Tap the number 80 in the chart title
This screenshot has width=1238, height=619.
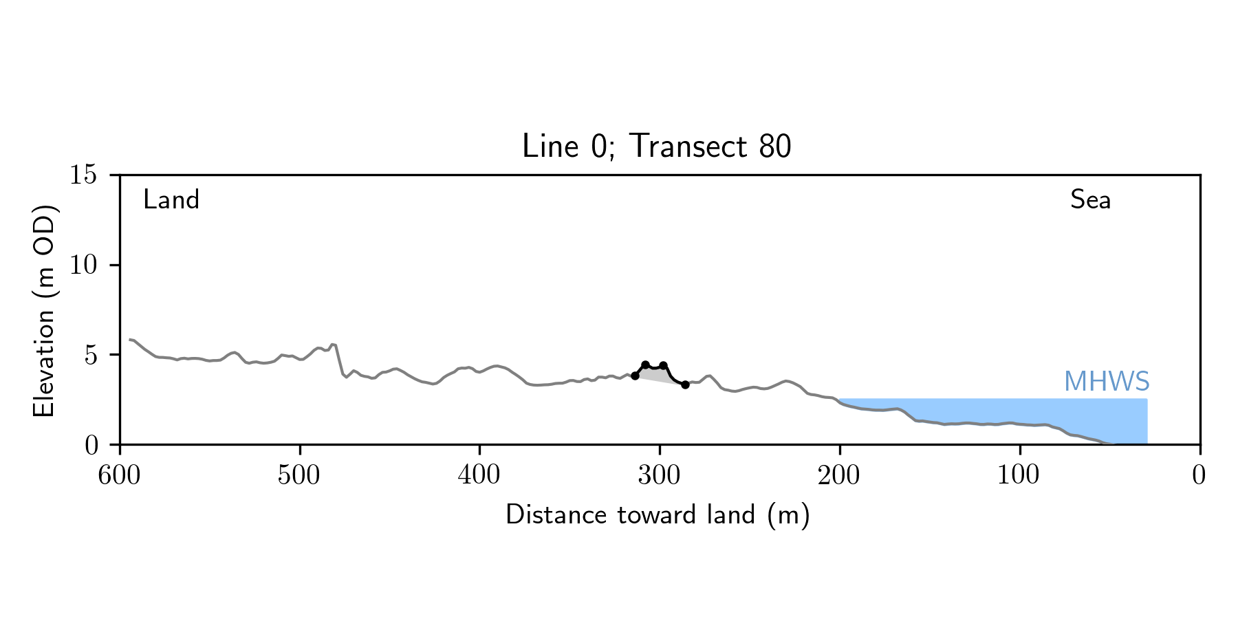tap(775, 146)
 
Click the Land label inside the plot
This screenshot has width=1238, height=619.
tap(171, 200)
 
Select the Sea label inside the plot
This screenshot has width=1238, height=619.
tap(1090, 200)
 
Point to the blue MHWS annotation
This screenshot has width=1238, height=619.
tap(1107, 382)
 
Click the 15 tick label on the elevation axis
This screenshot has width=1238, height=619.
tap(83, 175)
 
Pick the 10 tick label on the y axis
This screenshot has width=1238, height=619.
tap(83, 265)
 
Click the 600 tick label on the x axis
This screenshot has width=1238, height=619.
tap(120, 475)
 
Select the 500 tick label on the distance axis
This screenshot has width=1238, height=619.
tap(299, 475)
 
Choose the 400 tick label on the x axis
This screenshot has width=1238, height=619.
tap(479, 475)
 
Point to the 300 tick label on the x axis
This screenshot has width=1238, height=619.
tap(660, 475)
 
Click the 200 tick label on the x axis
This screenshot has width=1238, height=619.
tap(839, 475)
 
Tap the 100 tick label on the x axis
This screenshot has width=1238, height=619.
tap(1019, 475)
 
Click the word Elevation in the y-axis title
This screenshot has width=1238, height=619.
tap(44, 363)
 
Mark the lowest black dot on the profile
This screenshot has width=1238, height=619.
tap(685, 384)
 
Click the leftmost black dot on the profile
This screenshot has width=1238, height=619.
tap(635, 376)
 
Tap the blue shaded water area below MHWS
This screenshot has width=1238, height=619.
tap(1032, 413)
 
